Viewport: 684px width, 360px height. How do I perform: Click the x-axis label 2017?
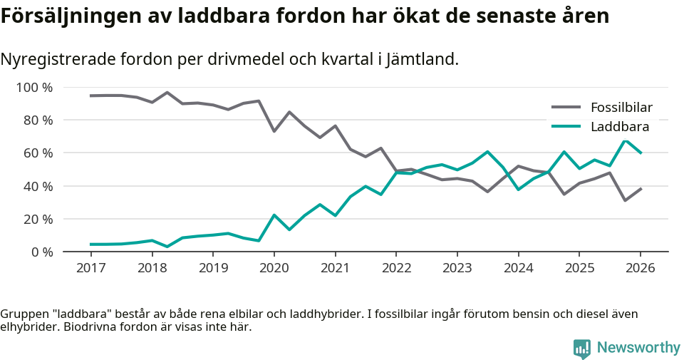pos(91,268)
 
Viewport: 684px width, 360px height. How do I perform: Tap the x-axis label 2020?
pos(274,268)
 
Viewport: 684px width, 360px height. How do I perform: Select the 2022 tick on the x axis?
pos(395,268)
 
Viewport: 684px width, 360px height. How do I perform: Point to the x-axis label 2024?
pos(517,268)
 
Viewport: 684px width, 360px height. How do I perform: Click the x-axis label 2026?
pos(639,268)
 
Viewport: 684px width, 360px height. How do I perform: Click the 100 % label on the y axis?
pos(35,88)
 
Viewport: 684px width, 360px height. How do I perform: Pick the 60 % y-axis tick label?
pos(38,153)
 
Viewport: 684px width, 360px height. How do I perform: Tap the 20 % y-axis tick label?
pos(38,219)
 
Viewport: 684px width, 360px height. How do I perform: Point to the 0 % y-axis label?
pos(41,252)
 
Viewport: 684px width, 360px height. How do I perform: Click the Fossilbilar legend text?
pos(621,108)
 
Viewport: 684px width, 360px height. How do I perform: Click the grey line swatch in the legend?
pos(566,108)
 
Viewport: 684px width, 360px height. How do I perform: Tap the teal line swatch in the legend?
pos(566,127)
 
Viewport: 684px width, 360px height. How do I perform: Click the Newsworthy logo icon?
pos(582,349)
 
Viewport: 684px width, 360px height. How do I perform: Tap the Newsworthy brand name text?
pos(638,348)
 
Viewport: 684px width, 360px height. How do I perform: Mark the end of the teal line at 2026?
pos(641,153)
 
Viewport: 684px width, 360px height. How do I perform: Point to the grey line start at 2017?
pos(91,96)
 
